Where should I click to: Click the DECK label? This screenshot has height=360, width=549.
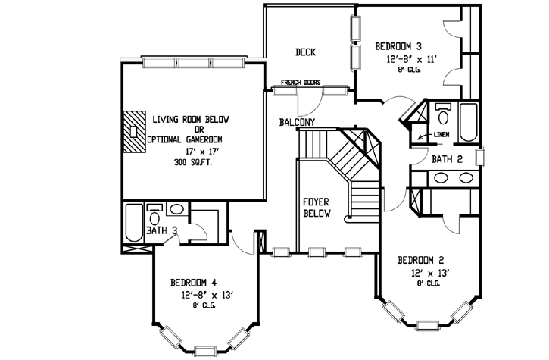pos(306,52)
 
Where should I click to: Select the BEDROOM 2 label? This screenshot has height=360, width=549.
pos(420,259)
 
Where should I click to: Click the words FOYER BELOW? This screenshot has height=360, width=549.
pos(315,208)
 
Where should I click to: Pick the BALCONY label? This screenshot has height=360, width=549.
pos(298,121)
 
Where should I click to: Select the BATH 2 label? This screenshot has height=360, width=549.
pos(447,160)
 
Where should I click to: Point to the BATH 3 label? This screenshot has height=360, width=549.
pos(162,230)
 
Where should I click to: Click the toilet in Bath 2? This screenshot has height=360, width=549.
pos(444,114)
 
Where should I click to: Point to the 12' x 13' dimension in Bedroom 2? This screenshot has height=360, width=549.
pos(429,271)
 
